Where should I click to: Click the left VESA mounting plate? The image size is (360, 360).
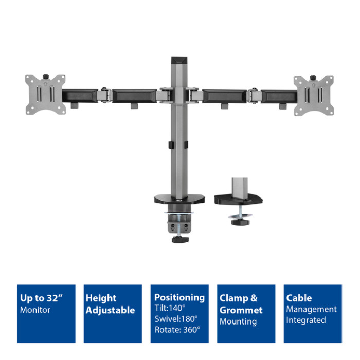click(x=45, y=94)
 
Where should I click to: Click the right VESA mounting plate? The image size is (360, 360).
click(x=314, y=95)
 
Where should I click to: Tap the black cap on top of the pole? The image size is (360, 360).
click(x=179, y=60)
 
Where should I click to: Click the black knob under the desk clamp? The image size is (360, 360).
click(x=180, y=240)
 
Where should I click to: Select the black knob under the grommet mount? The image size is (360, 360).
click(x=240, y=222)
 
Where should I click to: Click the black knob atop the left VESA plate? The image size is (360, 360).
click(x=46, y=76)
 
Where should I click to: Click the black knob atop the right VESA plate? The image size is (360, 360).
click(x=313, y=77)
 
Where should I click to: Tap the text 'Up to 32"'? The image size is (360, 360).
click(x=41, y=298)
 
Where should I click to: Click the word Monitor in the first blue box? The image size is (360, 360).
click(x=35, y=310)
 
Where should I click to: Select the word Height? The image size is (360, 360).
click(x=101, y=298)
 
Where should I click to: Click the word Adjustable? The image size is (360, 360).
click(x=110, y=310)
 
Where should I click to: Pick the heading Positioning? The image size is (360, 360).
click(x=179, y=298)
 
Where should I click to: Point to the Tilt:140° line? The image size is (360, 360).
click(x=170, y=308)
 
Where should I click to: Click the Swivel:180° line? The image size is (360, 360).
click(x=176, y=319)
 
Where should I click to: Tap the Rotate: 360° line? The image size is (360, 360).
click(x=177, y=330)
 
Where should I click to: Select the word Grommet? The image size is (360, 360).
click(x=241, y=310)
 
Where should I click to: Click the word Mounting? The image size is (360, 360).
click(x=238, y=321)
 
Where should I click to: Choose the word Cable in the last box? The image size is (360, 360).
click(x=299, y=298)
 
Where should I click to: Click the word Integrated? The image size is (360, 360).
click(x=306, y=320)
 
